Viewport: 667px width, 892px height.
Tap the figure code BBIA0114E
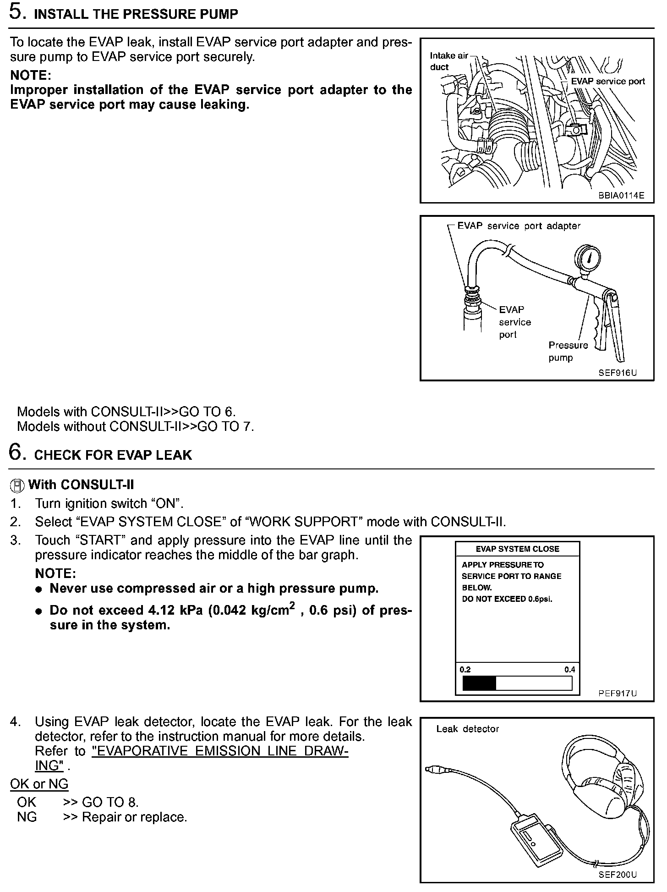(621, 195)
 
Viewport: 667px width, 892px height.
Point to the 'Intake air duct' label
(448, 61)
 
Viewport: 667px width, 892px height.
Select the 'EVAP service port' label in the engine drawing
(607, 81)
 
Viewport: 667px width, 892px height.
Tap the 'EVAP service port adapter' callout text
(519, 226)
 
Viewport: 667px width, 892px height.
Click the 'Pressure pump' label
(568, 351)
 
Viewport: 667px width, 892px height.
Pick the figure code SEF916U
(617, 373)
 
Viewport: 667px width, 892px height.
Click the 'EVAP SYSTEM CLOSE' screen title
(517, 549)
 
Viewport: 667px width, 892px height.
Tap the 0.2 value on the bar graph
(465, 670)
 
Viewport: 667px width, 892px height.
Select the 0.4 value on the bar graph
(569, 670)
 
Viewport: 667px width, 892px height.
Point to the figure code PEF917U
(617, 693)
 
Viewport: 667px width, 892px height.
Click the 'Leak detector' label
(467, 729)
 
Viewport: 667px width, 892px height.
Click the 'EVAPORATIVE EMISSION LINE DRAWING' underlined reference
(219, 751)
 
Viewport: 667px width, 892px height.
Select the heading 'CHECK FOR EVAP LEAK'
(113, 455)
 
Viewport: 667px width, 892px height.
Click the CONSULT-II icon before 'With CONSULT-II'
(17, 485)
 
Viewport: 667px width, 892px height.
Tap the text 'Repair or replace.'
(134, 817)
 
